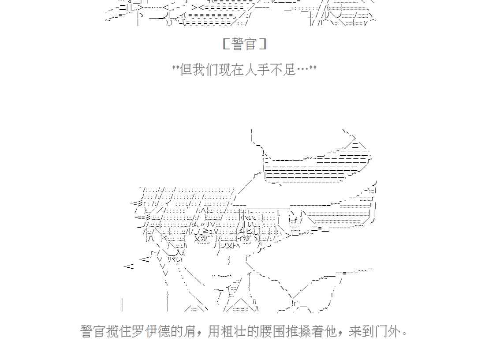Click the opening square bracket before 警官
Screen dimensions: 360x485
pyautogui.click(x=225, y=44)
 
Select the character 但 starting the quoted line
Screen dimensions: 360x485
pyautogui.click(x=186, y=69)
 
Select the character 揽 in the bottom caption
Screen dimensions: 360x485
pyautogui.click(x=112, y=331)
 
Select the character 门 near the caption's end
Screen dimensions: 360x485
pyautogui.click(x=380, y=331)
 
